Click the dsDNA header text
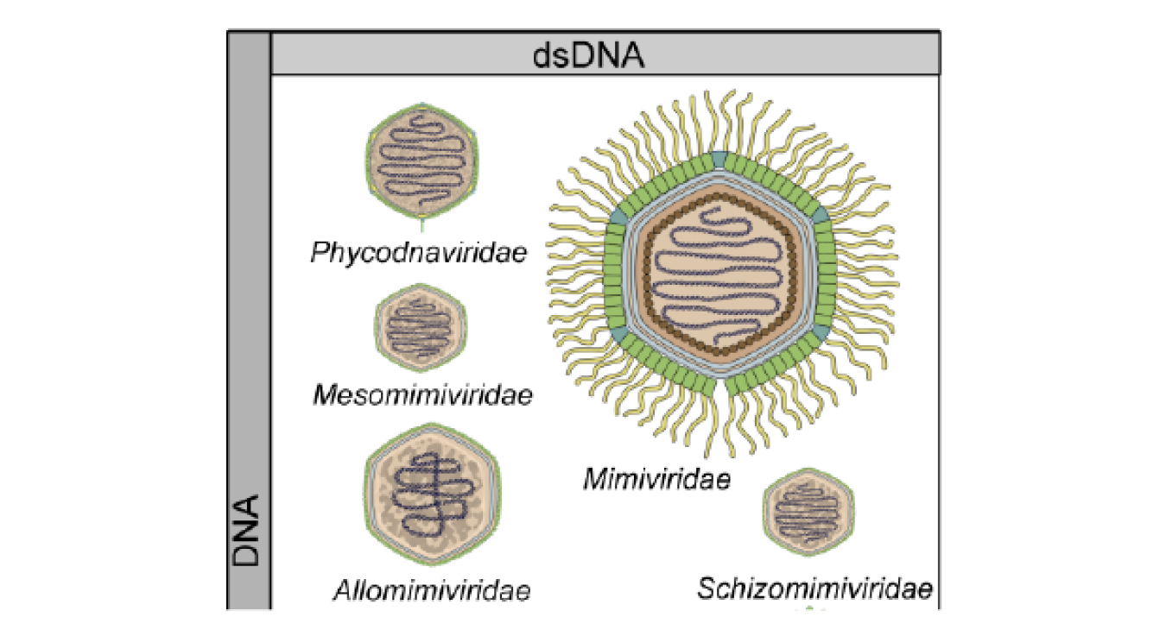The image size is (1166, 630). click(x=588, y=56)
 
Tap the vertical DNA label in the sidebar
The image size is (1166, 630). click(x=245, y=531)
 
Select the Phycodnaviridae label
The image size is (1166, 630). click(x=419, y=254)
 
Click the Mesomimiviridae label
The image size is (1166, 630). click(x=422, y=395)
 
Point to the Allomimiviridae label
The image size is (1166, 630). click(x=432, y=590)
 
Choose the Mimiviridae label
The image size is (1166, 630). click(x=657, y=479)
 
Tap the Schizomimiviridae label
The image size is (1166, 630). click(x=814, y=589)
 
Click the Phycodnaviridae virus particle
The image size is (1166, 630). click(x=421, y=161)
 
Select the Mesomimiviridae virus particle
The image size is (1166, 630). click(x=421, y=328)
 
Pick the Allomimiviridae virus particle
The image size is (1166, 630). click(x=432, y=495)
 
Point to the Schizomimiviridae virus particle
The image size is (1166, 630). click(x=808, y=512)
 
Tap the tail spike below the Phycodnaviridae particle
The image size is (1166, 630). click(x=421, y=225)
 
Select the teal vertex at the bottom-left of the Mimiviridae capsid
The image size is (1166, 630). click(x=619, y=336)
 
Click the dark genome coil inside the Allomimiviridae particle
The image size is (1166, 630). click(x=432, y=495)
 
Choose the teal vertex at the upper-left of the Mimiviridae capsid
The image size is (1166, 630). click(x=619, y=216)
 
